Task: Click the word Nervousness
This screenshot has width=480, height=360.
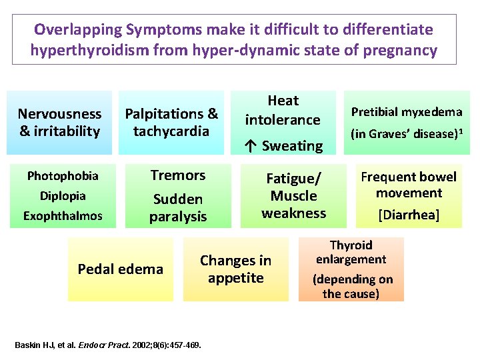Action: [59, 114]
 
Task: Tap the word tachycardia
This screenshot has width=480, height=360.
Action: [171, 131]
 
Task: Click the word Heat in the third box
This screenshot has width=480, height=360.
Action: [283, 101]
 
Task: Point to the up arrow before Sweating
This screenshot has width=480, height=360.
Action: [251, 145]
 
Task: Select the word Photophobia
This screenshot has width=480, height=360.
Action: [63, 177]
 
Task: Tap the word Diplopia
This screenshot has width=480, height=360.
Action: [63, 197]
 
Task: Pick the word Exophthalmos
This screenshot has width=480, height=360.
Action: [63, 216]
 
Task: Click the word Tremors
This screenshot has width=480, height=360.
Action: [177, 175]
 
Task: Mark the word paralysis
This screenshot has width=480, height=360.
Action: [178, 217]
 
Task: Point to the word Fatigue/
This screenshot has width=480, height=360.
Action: [293, 178]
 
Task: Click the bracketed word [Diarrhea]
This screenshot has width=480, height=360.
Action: [409, 215]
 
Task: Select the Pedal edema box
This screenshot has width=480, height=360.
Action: [120, 269]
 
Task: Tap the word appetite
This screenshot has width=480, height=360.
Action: [235, 278]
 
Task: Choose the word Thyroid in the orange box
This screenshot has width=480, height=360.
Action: [351, 245]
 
